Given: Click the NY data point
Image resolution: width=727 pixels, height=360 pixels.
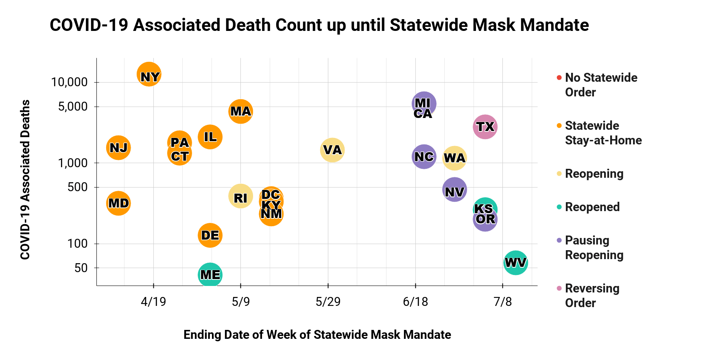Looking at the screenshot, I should pos(149,74).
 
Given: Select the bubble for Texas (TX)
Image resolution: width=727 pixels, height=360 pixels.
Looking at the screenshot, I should pos(485,127).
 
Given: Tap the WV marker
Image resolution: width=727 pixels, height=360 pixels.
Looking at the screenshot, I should pos(515,263).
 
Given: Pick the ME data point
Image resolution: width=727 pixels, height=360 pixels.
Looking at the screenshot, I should pos(210,275).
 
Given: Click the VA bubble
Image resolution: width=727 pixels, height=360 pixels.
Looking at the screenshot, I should pos(332,150).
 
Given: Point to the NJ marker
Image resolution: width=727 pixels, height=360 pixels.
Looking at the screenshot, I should pos(118,148).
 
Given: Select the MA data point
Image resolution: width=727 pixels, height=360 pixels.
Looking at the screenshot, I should pos(240,111).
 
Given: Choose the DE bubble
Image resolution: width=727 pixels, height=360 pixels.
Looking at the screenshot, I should pos(210,235).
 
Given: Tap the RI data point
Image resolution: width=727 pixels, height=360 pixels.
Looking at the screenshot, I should pos(240,196).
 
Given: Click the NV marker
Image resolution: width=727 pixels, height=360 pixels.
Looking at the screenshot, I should pos(454,190).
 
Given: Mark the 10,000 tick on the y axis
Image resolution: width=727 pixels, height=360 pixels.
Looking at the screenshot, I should pos(70,82).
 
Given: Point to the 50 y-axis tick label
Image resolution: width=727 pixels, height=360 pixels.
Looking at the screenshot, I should pos(81,268).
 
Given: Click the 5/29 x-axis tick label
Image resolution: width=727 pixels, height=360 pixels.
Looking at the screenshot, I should pos(328,302).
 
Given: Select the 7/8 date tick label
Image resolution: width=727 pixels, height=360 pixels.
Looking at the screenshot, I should pos(502,302).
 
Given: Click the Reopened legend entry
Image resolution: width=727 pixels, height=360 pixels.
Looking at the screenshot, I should pos(592,207).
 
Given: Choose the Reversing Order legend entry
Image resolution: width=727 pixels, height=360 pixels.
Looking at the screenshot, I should pos(592,296).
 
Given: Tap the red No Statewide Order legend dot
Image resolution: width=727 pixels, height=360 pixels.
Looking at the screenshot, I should pos(559,77).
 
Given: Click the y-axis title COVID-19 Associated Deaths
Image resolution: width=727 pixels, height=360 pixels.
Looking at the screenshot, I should pos(25,179).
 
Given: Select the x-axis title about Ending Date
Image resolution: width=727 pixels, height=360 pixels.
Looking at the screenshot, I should pos(317,335).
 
